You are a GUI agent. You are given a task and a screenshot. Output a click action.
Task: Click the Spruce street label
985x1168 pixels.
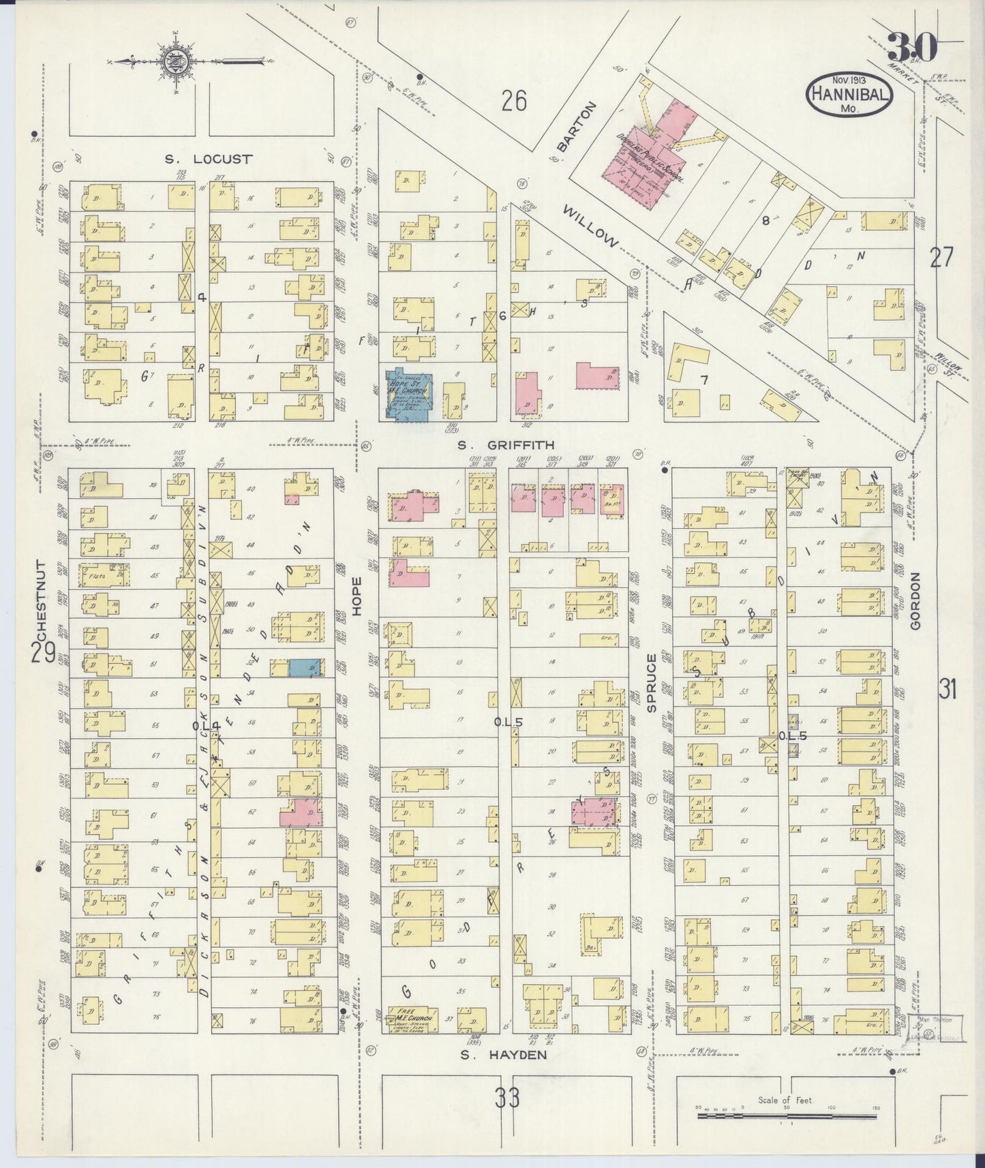point(651,682)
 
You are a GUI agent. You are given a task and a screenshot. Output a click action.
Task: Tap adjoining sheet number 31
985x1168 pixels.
point(947,689)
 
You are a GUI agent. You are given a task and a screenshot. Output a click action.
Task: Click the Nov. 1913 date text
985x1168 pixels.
point(848,80)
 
